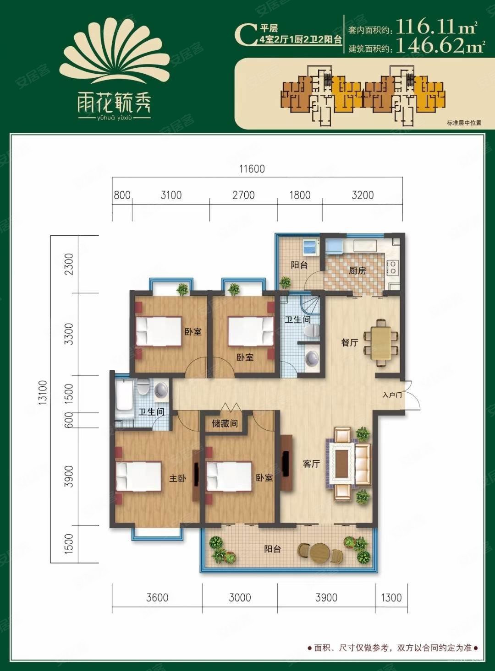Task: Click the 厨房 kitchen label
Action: tap(357, 271)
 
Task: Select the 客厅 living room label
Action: tap(311, 464)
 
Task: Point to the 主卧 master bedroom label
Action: tap(177, 478)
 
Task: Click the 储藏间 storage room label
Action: tap(225, 424)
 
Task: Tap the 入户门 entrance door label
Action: tap(392, 395)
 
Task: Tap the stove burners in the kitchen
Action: tap(393, 267)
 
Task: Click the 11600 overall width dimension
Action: tap(252, 169)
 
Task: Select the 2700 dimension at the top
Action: tap(243, 195)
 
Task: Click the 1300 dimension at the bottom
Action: tap(391, 597)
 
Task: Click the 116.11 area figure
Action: tap(435, 28)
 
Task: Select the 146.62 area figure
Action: tap(435, 47)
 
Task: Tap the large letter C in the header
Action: tap(247, 34)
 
